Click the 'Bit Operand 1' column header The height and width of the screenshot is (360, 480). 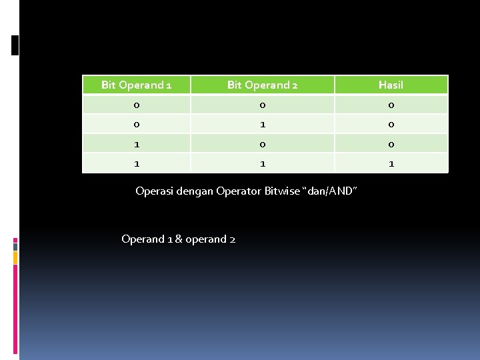[x=136, y=85]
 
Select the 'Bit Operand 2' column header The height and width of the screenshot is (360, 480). [x=262, y=85]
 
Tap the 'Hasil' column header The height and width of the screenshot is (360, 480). [x=391, y=85]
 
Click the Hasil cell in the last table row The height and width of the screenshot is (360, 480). [x=391, y=163]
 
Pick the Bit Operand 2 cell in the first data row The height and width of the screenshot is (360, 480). [x=262, y=105]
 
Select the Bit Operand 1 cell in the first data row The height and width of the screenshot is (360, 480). [x=136, y=105]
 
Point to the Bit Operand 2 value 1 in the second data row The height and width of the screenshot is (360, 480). [x=262, y=124]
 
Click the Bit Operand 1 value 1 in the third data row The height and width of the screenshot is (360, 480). [x=136, y=143]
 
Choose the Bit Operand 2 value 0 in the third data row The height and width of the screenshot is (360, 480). [x=262, y=143]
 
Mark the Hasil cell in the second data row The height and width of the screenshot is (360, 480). [x=391, y=124]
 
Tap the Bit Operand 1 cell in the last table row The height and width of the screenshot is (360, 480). [x=136, y=163]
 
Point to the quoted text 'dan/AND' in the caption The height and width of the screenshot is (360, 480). [x=331, y=191]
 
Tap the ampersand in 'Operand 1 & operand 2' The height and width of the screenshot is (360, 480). [x=178, y=239]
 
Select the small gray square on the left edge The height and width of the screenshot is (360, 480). [x=15, y=246]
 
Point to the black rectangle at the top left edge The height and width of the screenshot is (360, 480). [x=15, y=45]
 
